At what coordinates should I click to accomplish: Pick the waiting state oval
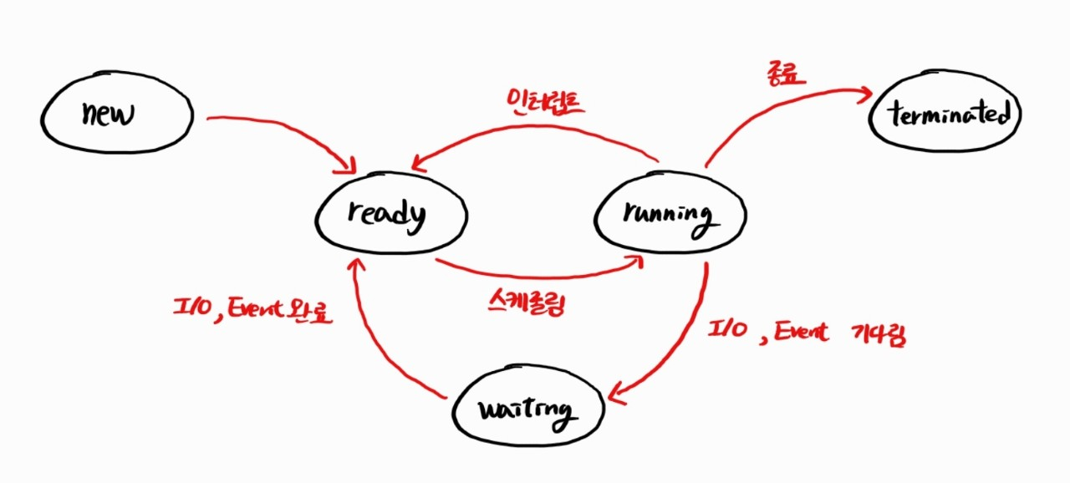[x=526, y=412]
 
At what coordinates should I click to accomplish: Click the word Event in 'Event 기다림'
[x=800, y=333]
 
